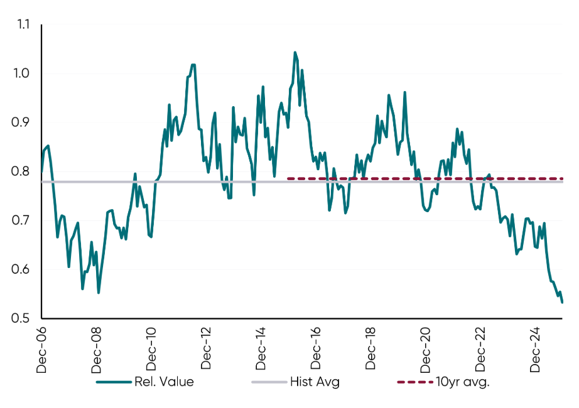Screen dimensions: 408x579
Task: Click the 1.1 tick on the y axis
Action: pyautogui.click(x=23, y=25)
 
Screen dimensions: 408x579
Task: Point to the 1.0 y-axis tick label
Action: pyautogui.click(x=23, y=74)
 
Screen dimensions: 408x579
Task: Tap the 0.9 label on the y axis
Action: pyautogui.click(x=23, y=123)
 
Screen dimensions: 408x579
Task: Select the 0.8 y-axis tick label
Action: pyautogui.click(x=23, y=172)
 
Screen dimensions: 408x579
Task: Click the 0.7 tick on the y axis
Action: pyautogui.click(x=23, y=221)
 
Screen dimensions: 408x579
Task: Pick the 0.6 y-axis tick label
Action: pyautogui.click(x=23, y=270)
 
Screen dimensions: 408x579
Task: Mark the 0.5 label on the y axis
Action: pyautogui.click(x=23, y=319)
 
